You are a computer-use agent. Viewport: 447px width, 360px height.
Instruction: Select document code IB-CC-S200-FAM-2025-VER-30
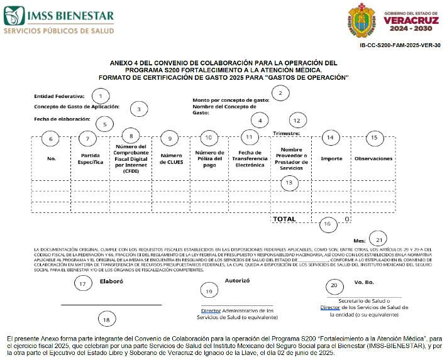tap(400, 45)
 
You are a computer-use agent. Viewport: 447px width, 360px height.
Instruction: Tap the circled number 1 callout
tap(99, 96)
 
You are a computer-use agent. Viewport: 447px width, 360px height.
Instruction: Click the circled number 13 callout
tap(289, 183)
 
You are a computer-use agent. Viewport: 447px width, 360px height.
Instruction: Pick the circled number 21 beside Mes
tap(378, 239)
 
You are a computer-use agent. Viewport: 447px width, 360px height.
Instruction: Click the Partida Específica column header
tap(91, 158)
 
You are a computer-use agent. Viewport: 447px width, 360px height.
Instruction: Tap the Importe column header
tap(331, 158)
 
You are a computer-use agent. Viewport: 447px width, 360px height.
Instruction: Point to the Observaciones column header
tap(373, 158)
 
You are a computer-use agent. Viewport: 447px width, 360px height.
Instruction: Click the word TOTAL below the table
tap(284, 219)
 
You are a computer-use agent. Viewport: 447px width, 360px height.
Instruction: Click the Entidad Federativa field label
tap(59, 97)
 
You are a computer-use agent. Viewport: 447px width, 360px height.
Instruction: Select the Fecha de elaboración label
tap(61, 118)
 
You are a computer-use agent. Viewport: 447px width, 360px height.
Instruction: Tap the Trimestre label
tap(287, 133)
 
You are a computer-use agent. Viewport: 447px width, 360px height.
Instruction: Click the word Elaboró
tap(112, 282)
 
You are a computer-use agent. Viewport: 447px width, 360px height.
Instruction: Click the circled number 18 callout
tap(106, 319)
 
